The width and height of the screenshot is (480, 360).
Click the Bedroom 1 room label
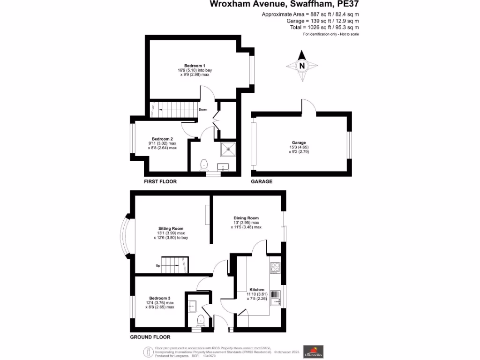tap(195, 66)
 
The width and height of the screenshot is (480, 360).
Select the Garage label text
tap(299, 142)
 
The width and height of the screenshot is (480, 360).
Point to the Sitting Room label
tap(171, 228)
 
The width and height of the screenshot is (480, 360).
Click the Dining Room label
tap(246, 218)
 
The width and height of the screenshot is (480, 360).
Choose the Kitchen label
tap(257, 290)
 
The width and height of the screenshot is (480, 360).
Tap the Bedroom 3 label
tap(160, 298)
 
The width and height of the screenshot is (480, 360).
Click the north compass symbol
tap(302, 65)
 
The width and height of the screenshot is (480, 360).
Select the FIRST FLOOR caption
tap(160, 181)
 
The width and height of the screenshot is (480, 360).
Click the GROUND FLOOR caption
tap(150, 337)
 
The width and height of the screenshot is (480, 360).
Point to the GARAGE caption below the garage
tap(262, 181)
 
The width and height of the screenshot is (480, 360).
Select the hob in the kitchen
tap(275, 268)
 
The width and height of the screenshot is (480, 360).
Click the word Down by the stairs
tap(203, 110)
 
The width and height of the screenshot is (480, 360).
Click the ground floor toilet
tap(201, 321)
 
